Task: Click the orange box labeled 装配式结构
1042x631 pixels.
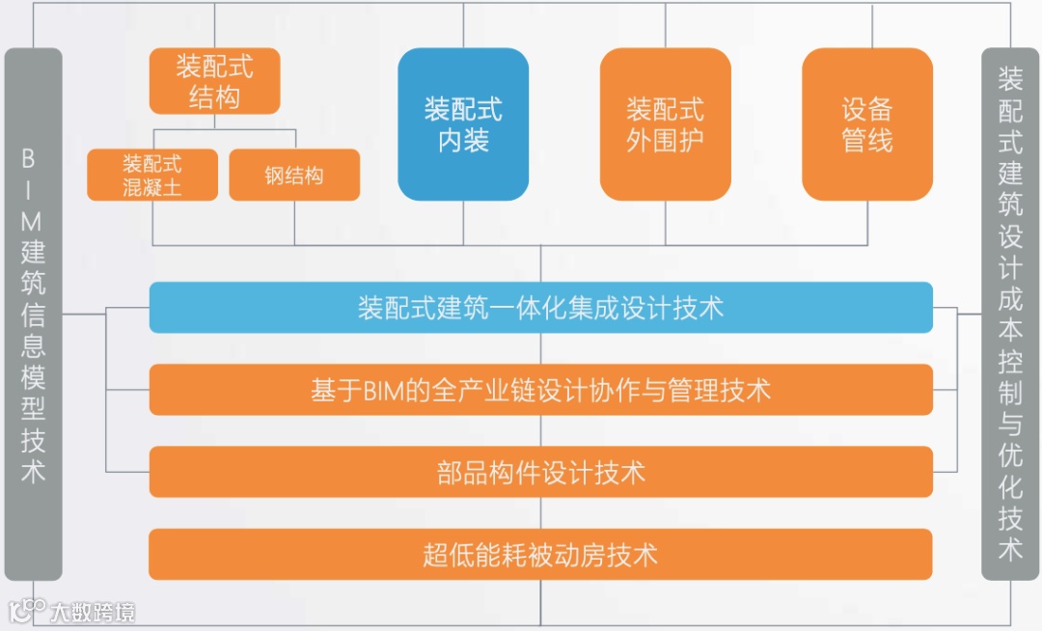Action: pyautogui.click(x=214, y=81)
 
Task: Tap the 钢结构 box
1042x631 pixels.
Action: pyautogui.click(x=294, y=175)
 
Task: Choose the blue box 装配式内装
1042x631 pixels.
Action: pyautogui.click(x=463, y=124)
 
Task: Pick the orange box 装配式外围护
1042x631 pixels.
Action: pyautogui.click(x=665, y=124)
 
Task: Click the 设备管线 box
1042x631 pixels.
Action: pyautogui.click(x=867, y=124)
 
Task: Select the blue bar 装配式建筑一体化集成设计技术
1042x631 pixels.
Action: pyautogui.click(x=540, y=308)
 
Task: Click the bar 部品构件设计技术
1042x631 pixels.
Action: pyautogui.click(x=540, y=472)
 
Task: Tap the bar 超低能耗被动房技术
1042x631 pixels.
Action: pyautogui.click(x=540, y=555)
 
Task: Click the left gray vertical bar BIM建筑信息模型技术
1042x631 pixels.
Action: pyautogui.click(x=33, y=314)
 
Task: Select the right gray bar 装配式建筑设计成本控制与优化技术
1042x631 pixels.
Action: pyautogui.click(x=1010, y=314)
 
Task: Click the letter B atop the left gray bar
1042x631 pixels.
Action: pyautogui.click(x=33, y=157)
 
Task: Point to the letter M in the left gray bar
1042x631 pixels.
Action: pyautogui.click(x=33, y=221)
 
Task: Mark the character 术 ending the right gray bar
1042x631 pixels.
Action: pyautogui.click(x=1010, y=548)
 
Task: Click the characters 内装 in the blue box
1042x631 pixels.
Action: pyautogui.click(x=463, y=141)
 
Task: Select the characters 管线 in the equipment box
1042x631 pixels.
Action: pyautogui.click(x=867, y=141)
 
